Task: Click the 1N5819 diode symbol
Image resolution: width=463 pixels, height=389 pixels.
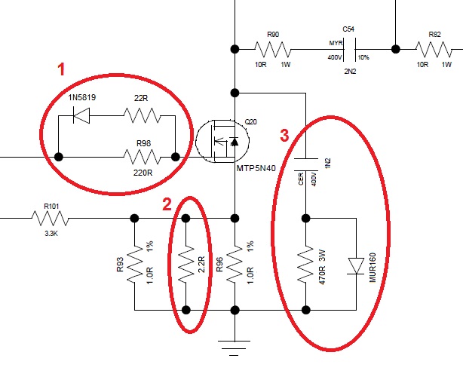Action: coord(81,115)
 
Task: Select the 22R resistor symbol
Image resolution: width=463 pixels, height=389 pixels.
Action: coord(143,115)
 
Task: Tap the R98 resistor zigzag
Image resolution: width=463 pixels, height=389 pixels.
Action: coord(143,157)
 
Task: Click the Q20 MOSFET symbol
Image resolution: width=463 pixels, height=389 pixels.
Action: coord(222,141)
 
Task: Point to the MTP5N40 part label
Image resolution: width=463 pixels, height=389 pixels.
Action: coord(256,168)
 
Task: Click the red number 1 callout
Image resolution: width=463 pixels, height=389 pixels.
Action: coord(61,69)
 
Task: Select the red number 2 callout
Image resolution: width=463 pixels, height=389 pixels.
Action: coord(167,204)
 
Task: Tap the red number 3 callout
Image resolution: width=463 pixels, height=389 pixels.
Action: coord(284,136)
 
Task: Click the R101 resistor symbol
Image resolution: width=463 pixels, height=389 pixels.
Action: coord(51,219)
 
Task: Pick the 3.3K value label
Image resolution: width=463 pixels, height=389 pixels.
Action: coord(51,234)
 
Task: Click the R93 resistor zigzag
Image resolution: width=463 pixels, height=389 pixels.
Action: coord(135,264)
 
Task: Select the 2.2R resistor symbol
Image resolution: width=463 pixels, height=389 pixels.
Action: coord(186,264)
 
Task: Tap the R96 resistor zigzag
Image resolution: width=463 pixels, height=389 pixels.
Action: coord(235,264)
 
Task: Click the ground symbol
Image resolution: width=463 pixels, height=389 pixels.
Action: coord(234,348)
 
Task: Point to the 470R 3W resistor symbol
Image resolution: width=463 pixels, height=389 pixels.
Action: coord(305,264)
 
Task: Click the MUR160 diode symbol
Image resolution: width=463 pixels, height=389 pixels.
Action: coord(356,266)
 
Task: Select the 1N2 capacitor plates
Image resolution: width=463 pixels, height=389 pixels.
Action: coord(306,164)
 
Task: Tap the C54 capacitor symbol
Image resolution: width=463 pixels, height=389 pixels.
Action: coord(350,49)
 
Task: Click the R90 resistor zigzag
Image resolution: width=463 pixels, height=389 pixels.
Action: coord(273,49)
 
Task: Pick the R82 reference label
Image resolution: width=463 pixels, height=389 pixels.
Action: coord(434,35)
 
